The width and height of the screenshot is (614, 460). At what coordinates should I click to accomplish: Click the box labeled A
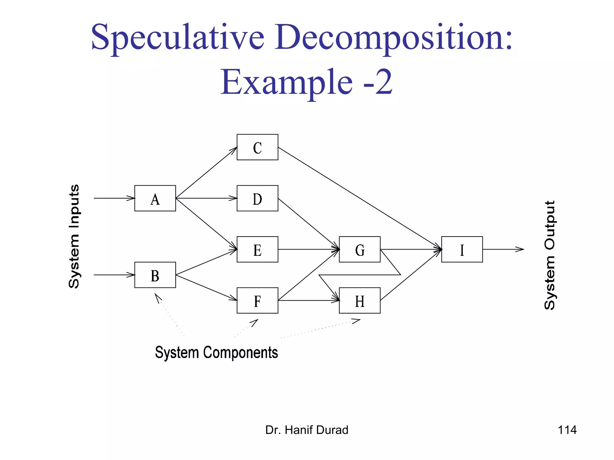(155, 198)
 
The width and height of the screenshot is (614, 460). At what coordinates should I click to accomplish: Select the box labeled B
(155, 275)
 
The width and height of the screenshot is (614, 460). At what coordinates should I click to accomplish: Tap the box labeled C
(257, 147)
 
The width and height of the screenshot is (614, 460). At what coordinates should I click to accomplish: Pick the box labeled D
(257, 198)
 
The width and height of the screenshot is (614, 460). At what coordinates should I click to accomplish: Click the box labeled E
(257, 249)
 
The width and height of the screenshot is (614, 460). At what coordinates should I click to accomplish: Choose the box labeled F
(257, 300)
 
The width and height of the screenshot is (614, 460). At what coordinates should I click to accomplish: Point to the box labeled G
(359, 249)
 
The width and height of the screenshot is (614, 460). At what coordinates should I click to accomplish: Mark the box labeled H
(359, 300)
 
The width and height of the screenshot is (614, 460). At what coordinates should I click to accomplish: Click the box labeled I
(462, 249)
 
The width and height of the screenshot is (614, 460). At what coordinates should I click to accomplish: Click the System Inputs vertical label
(74, 237)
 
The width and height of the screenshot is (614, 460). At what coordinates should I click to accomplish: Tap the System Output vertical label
(550, 255)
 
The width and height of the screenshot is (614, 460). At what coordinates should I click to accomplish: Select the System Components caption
(216, 352)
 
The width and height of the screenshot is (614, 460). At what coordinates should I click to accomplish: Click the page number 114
(567, 430)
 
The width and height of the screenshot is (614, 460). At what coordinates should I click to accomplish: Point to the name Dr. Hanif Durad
(307, 430)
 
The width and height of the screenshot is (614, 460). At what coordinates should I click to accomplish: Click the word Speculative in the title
(177, 37)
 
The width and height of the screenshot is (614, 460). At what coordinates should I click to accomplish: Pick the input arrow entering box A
(114, 198)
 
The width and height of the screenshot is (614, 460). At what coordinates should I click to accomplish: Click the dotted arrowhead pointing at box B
(158, 298)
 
